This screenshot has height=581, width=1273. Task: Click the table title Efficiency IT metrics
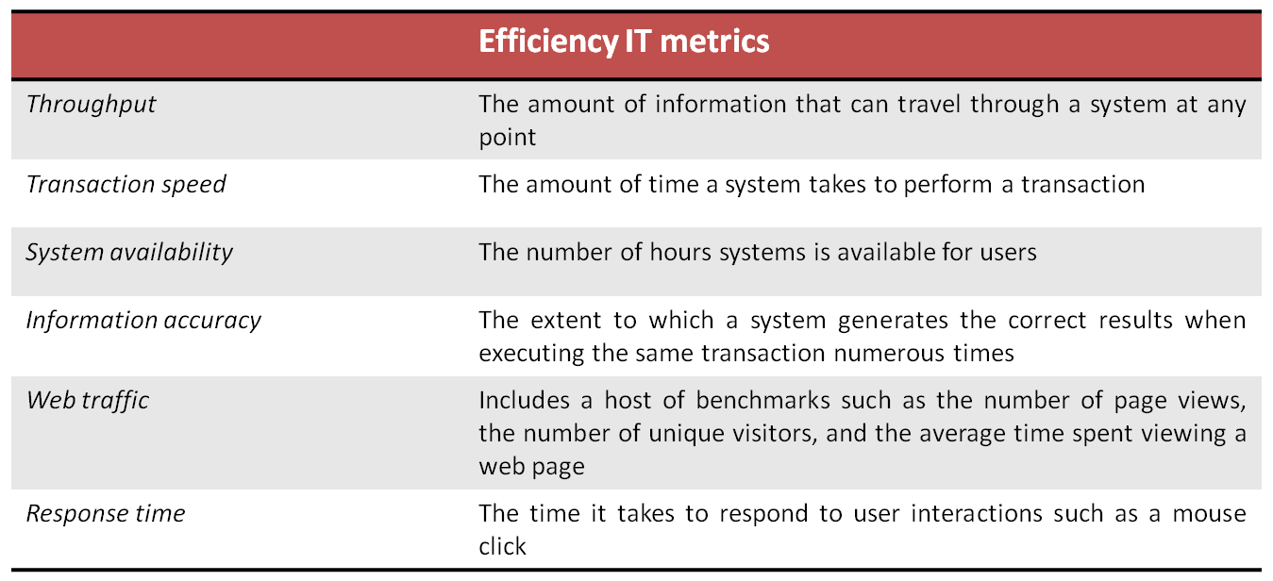point(624,41)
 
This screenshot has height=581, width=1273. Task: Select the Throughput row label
point(91,104)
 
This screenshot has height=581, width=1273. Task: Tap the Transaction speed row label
point(126,183)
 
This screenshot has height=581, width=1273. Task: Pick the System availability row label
point(128,252)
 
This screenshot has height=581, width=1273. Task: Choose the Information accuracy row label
point(143,320)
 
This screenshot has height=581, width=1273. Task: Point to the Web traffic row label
point(87,399)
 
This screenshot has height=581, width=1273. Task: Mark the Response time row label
point(105,513)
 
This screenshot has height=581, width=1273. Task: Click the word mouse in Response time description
point(1210,513)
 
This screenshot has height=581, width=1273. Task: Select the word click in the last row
point(502,546)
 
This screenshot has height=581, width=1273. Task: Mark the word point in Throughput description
point(507,138)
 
